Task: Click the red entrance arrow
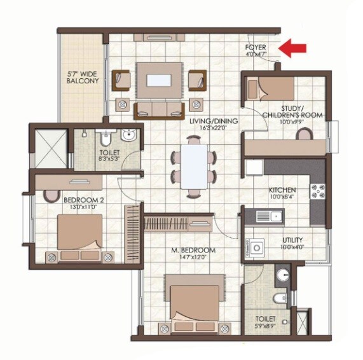tap(294, 47)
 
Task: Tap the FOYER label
tap(257, 48)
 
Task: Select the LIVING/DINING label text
tap(214, 121)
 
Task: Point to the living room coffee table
tap(159, 81)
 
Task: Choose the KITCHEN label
tap(282, 190)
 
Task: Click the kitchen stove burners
tap(316, 190)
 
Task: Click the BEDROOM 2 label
tap(80, 200)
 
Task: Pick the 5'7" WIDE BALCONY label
tap(83, 78)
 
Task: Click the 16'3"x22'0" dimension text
tap(214, 128)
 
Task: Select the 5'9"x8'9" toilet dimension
tap(265, 326)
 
